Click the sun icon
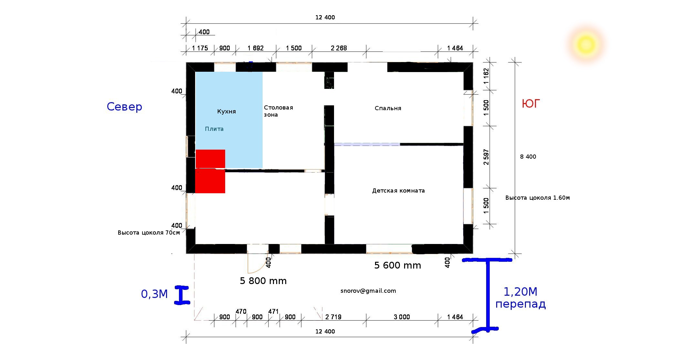coord(586,45)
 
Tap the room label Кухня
coord(226,111)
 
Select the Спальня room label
coord(388,108)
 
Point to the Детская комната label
coord(398,191)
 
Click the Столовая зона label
coord(278,111)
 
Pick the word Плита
coord(214,129)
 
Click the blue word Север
coord(124,107)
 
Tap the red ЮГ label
coord(531,104)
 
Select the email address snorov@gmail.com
coord(368,291)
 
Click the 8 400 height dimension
coord(528,157)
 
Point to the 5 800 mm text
coord(263,281)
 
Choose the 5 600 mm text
coord(398,265)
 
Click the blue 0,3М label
coord(154,294)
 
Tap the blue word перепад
coord(520,304)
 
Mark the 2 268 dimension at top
coord(339,48)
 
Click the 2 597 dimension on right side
coord(486,157)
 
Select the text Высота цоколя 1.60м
coord(538,198)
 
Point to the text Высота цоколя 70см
coord(149,233)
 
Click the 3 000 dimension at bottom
coord(402,317)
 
